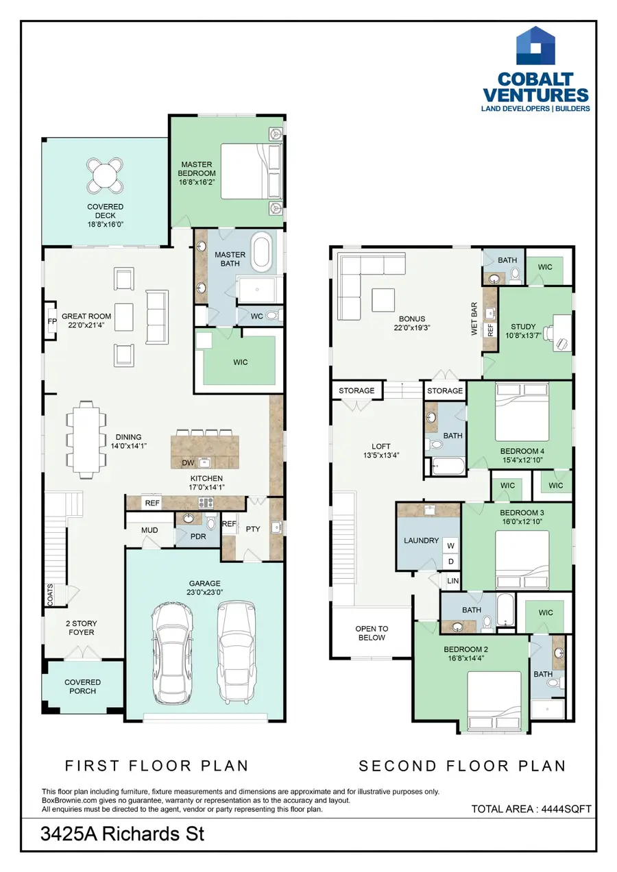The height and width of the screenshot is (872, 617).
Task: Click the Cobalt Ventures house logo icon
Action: [x=535, y=45]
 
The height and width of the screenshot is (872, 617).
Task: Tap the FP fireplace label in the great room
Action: [x=52, y=321]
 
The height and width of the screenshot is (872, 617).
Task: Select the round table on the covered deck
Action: [x=105, y=175]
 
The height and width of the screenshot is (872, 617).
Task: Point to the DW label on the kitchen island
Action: [x=188, y=463]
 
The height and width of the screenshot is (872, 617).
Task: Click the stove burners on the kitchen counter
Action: [x=206, y=503]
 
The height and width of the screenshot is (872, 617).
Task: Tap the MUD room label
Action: [x=149, y=530]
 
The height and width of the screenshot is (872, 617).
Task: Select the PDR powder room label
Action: [x=198, y=536]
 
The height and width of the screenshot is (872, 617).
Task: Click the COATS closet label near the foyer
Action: [x=50, y=595]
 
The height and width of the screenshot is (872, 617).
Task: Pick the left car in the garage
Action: [x=172, y=654]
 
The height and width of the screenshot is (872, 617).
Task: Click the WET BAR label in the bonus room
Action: [x=474, y=319]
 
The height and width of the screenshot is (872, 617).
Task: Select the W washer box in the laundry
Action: [x=450, y=546]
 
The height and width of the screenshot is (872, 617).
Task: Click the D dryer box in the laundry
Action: [x=450, y=561]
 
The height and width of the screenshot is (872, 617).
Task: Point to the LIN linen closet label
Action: [x=452, y=581]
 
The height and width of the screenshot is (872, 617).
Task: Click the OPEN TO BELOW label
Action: [x=372, y=633]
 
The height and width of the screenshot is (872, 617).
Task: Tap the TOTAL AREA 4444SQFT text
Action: [x=531, y=809]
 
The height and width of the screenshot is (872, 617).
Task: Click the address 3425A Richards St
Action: [x=122, y=834]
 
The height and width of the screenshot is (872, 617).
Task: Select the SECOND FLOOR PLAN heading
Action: [x=462, y=766]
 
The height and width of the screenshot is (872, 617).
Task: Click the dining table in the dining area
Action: [x=86, y=440]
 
